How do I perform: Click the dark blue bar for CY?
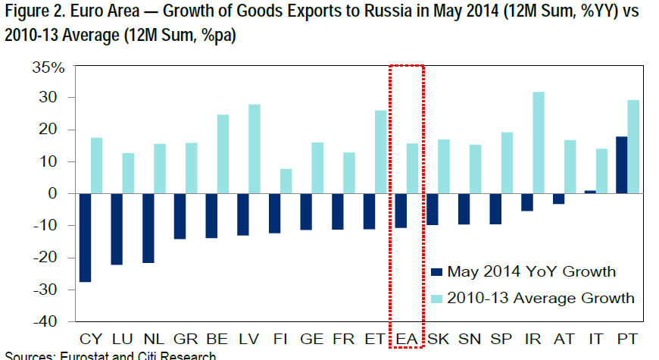86,237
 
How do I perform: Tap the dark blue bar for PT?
621,164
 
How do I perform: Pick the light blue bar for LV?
255,149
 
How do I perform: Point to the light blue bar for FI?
286,181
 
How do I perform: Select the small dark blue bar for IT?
591,192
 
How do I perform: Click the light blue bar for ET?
380,152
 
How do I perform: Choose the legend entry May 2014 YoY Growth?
531,271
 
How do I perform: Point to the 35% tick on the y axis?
50,67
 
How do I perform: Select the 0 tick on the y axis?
63,194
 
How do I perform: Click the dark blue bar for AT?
559,199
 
